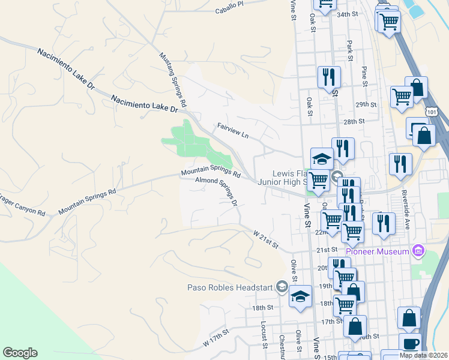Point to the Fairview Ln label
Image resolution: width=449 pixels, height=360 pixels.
(232, 131)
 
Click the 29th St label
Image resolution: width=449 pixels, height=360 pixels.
(365, 104)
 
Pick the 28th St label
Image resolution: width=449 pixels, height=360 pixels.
(354, 121)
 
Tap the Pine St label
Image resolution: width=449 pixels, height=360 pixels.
(364, 76)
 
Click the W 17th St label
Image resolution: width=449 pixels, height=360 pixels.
(216, 337)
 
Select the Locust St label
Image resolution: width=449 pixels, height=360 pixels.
(264, 334)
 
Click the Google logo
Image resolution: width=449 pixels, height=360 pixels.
(20, 353)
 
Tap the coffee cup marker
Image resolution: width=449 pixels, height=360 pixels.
(411, 344)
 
